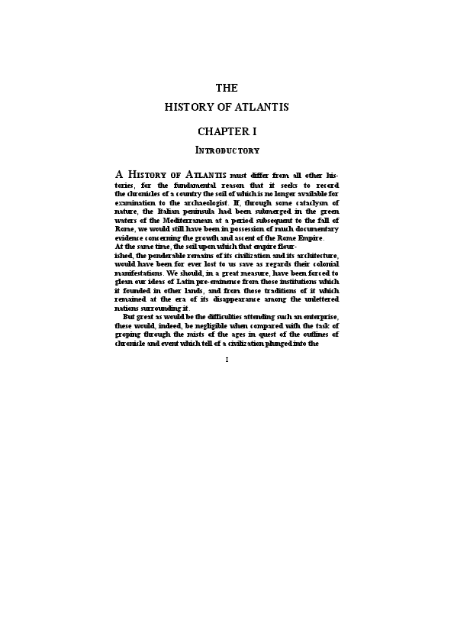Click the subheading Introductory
(x=227, y=150)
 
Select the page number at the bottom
(x=227, y=360)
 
